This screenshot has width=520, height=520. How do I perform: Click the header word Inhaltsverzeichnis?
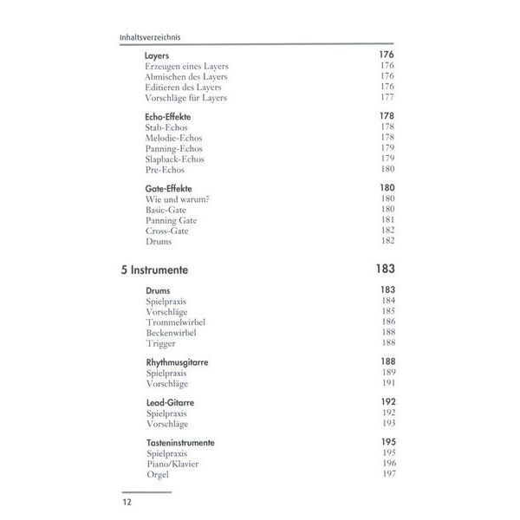[x=153, y=37]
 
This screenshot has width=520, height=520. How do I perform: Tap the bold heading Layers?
[x=157, y=55]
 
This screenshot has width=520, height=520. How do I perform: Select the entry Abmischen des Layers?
[x=185, y=76]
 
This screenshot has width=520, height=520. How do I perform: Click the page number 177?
[x=387, y=98]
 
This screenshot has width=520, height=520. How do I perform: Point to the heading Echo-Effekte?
[x=168, y=116]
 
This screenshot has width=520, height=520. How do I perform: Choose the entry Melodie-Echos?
[x=173, y=138]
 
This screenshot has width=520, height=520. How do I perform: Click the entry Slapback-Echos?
[x=175, y=159]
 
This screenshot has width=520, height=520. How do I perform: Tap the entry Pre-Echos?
[x=165, y=170]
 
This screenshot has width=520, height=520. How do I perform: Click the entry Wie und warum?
[x=179, y=199]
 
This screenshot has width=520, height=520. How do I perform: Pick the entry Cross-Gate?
[x=167, y=231]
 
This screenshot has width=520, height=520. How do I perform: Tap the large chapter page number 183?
[x=382, y=270]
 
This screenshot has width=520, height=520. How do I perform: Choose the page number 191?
[x=387, y=383]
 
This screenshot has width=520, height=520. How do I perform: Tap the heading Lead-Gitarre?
[x=169, y=402]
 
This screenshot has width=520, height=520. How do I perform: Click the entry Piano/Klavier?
[x=172, y=464]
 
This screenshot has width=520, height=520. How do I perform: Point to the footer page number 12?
[x=129, y=502]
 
